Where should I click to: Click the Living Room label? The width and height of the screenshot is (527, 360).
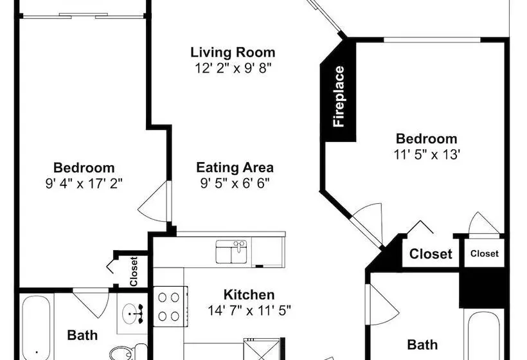(x=233, y=53)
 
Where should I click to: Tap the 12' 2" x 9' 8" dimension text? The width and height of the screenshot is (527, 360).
(x=233, y=68)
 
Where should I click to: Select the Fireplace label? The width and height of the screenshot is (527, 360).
(x=339, y=96)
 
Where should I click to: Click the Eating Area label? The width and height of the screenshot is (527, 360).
(x=235, y=167)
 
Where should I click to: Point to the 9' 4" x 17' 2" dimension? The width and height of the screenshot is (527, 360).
(x=84, y=183)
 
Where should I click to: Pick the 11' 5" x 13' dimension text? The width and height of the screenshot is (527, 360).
(x=427, y=155)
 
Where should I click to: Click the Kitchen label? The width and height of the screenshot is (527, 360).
(x=249, y=295)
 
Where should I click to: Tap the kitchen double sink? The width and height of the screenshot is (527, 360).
(x=231, y=251)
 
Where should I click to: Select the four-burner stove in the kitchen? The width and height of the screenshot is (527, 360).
(x=170, y=306)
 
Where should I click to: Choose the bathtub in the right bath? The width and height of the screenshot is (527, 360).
(x=484, y=336)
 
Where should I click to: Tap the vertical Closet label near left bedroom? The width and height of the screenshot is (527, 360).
(x=134, y=271)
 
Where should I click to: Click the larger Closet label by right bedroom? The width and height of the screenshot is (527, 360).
(x=431, y=254)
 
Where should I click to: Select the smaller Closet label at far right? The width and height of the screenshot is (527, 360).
(x=485, y=253)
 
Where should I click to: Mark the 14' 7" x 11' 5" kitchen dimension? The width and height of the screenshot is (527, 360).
(x=249, y=310)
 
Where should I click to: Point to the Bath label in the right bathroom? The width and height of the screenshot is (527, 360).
(x=422, y=345)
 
